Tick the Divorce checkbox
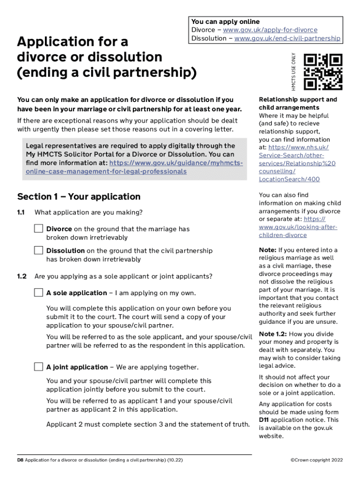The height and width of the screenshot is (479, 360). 38,229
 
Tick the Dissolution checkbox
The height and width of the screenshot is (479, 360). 38,250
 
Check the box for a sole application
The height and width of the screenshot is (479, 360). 38,293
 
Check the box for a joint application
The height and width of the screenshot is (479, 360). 38,367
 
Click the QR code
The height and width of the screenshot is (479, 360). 323,72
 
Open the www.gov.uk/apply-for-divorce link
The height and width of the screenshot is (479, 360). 270,30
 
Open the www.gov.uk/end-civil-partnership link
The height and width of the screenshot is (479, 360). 287,38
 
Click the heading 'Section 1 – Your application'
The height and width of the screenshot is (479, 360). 79,196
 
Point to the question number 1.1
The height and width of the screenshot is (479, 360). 21,212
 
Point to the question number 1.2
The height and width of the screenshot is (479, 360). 22,276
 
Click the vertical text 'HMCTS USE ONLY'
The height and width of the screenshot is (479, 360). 294,72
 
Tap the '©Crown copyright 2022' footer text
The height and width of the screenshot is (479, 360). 317,460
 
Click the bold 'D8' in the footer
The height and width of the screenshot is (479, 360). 20,460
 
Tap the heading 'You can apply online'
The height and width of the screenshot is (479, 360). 225,22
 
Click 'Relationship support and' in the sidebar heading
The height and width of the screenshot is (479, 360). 298,100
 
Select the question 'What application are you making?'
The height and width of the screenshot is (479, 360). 88,212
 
